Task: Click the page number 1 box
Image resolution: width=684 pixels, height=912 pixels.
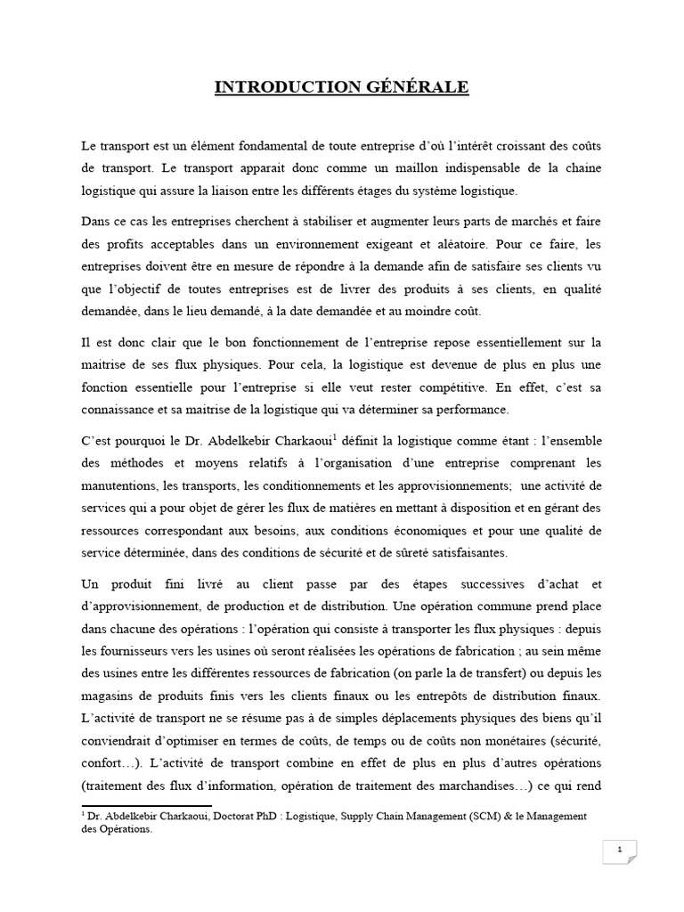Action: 618,851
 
